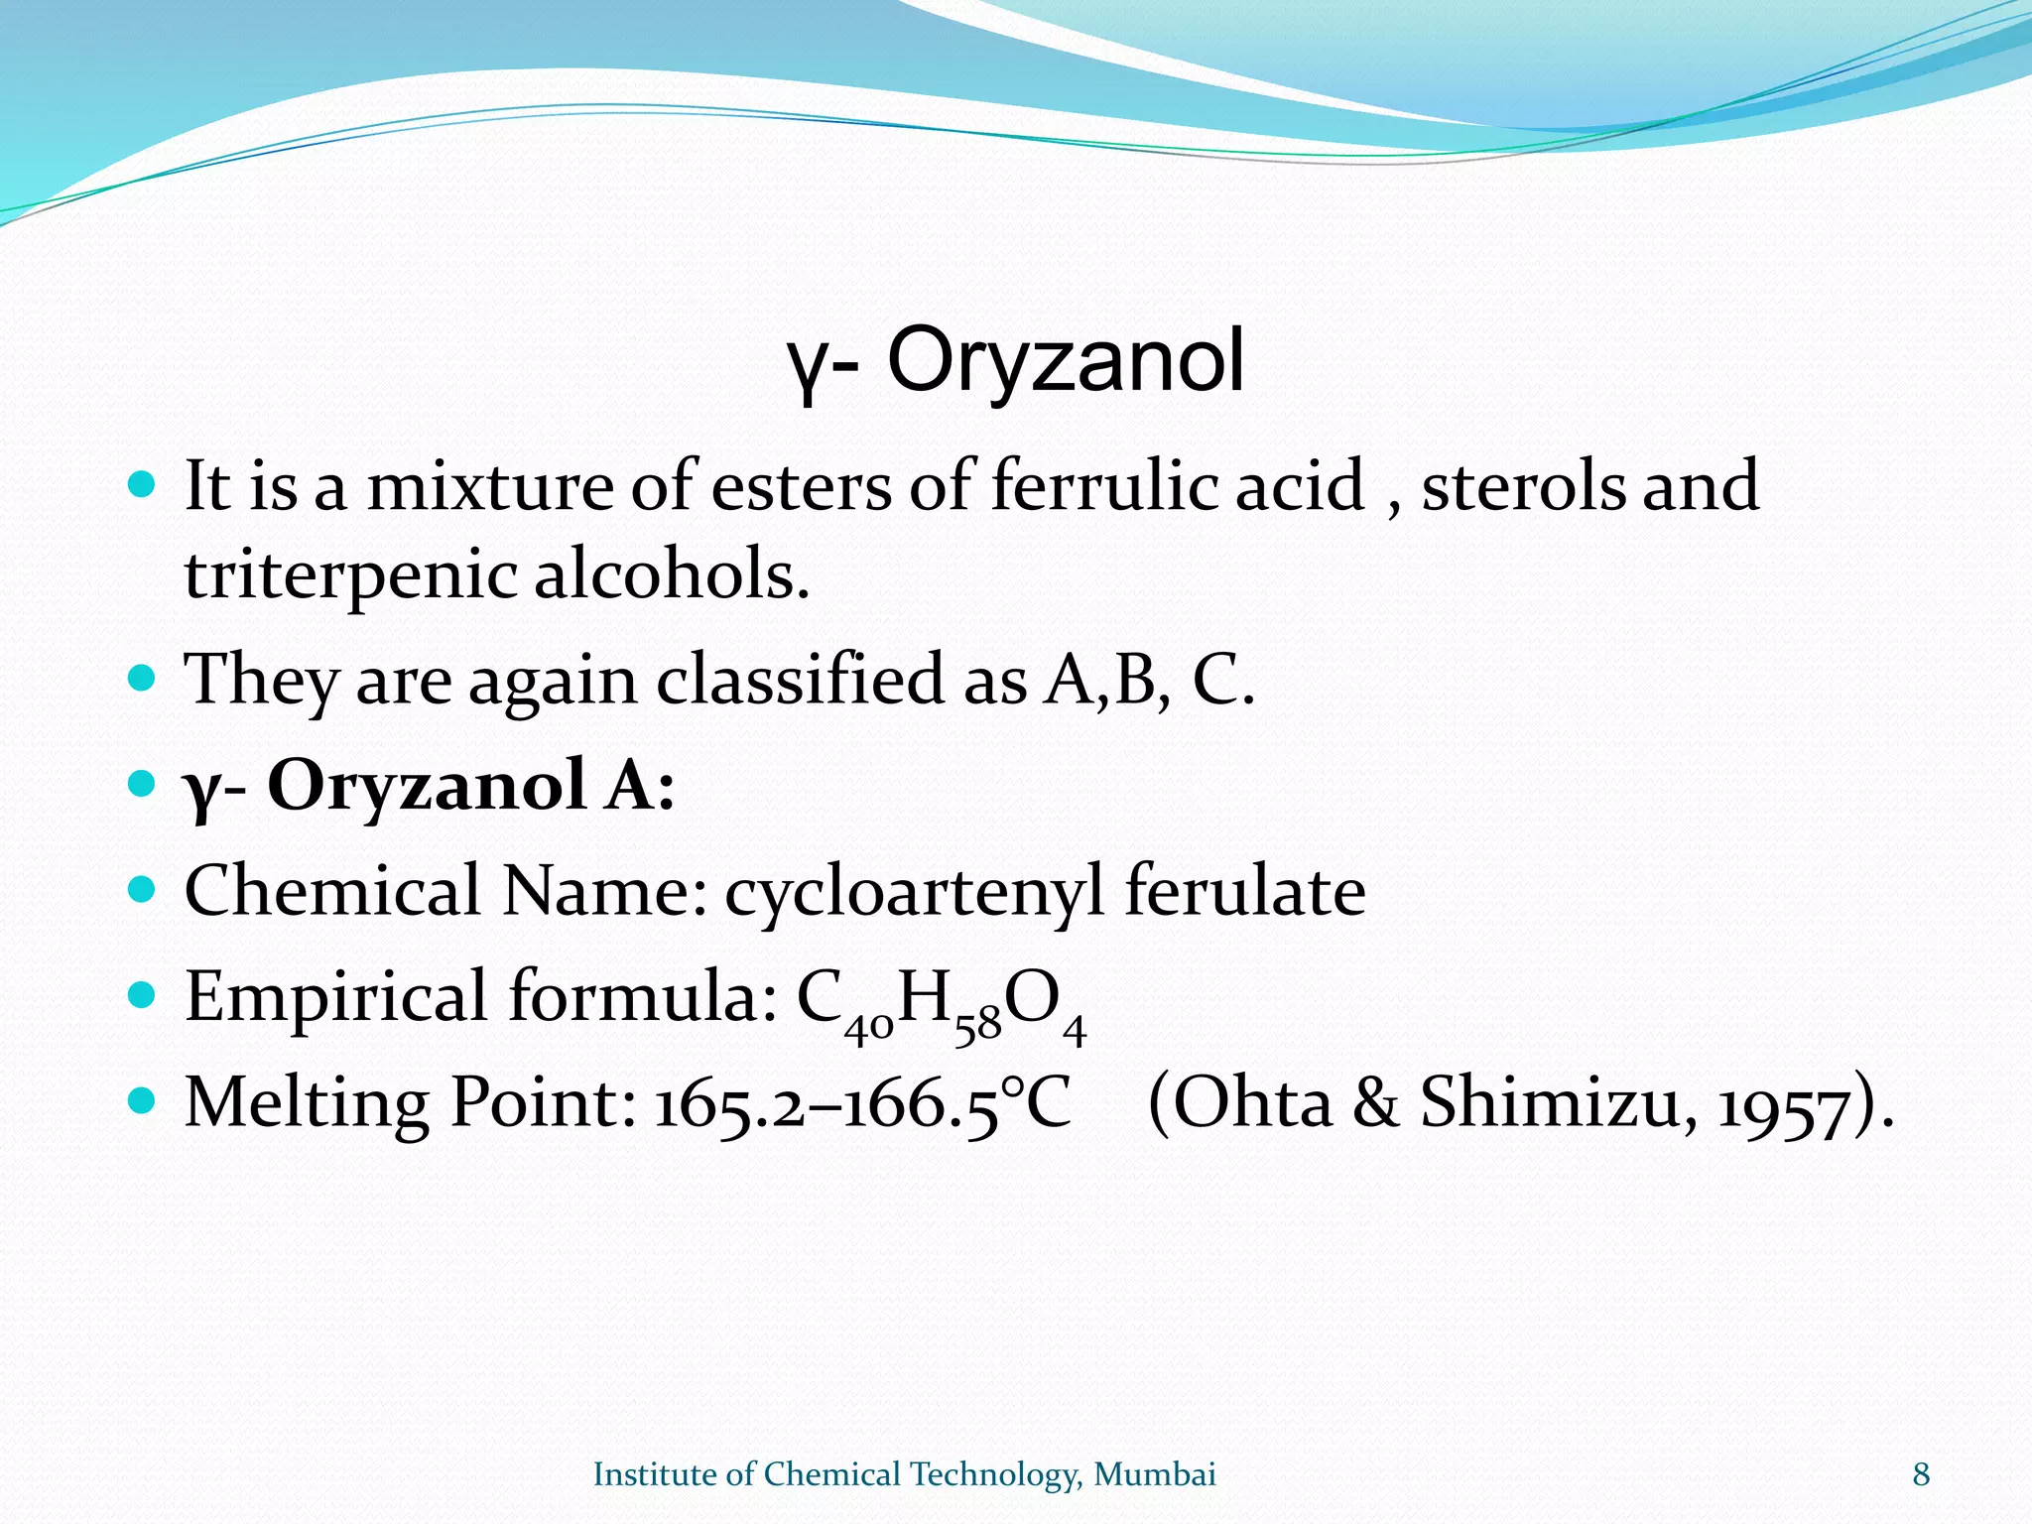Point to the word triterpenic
[348, 575]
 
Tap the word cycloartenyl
[914, 891]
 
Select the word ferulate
[1244, 889]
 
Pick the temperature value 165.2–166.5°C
[862, 1103]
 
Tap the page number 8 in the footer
[1921, 1475]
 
